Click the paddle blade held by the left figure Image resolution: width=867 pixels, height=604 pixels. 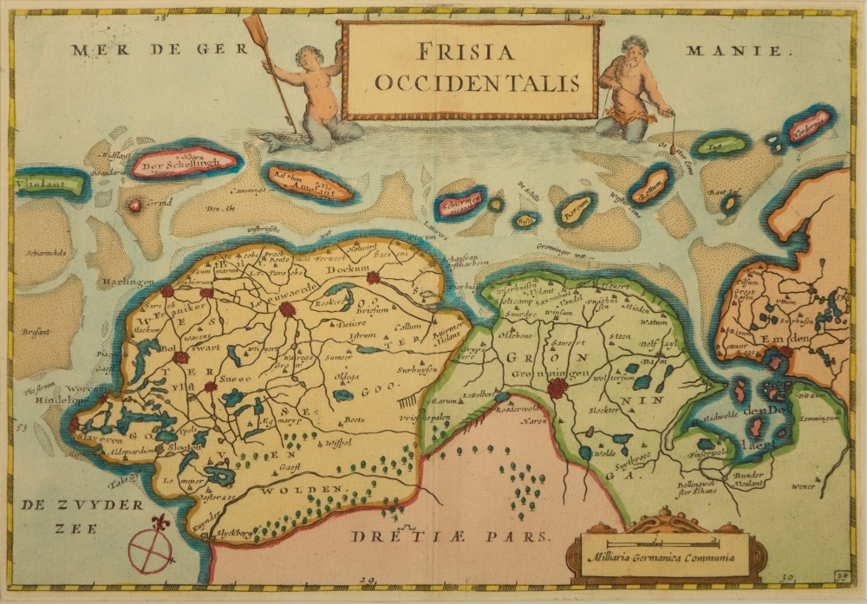click(255, 30)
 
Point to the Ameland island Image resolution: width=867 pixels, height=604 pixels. click(310, 185)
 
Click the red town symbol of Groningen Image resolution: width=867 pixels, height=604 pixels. click(557, 387)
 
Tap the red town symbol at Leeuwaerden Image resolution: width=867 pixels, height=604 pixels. click(287, 308)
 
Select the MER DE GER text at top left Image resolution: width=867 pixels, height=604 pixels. click(147, 49)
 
